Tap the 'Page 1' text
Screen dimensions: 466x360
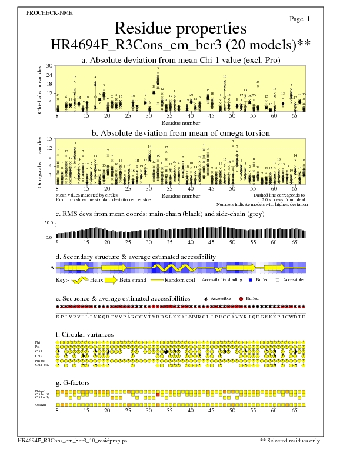(x=300, y=19)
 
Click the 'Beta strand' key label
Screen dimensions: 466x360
(x=133, y=281)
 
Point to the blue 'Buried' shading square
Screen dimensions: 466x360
(x=251, y=281)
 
